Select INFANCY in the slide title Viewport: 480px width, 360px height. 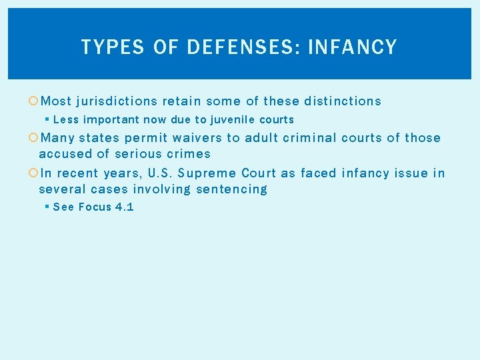click(353, 47)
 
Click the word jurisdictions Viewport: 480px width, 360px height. click(117, 101)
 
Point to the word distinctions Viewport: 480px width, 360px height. click(343, 101)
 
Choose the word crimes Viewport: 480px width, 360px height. click(189, 154)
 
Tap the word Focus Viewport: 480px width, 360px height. click(96, 207)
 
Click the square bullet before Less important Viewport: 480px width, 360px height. click(47, 120)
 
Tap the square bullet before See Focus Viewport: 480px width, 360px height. click(47, 207)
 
